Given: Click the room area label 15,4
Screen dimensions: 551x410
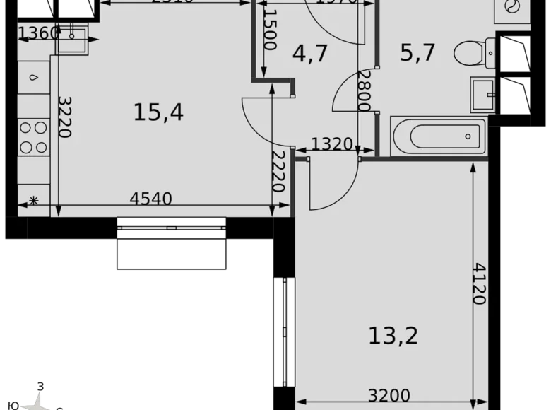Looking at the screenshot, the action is point(158,112).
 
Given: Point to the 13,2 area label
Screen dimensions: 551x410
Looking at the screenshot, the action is point(393,335).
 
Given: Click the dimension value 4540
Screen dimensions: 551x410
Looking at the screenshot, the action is point(151,199).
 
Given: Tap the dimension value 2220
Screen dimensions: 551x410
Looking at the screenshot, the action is point(278,172).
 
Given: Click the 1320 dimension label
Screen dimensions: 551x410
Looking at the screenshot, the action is point(331,145).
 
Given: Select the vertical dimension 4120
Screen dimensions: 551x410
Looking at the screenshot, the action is point(480,283).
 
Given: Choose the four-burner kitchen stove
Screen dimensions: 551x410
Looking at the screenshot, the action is point(33,137).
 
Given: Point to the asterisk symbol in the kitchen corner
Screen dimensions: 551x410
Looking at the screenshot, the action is point(32,201).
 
